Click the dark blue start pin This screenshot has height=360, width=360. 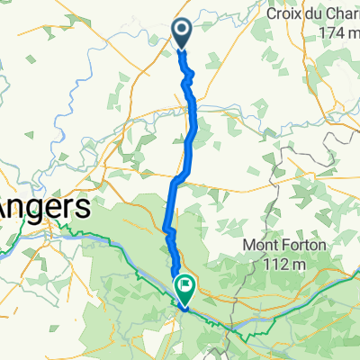tap(182, 34)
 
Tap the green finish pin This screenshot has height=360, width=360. tap(184, 288)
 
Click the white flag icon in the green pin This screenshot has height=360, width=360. tap(185, 287)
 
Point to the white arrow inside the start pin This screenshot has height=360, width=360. tap(182, 33)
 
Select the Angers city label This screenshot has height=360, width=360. tap(45, 209)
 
